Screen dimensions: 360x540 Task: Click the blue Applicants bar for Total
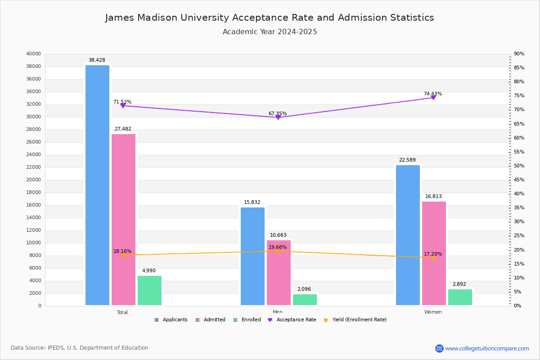[97, 185]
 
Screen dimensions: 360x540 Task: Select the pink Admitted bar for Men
[279, 272]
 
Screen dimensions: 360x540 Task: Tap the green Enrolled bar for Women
[460, 297]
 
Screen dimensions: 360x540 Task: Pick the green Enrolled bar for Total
[149, 290]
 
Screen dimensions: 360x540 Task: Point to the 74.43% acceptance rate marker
[433, 98]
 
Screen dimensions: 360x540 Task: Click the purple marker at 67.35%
[278, 117]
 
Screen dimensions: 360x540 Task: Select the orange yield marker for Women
[433, 258]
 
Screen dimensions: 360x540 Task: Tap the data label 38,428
[97, 60]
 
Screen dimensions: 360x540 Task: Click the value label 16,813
[434, 197]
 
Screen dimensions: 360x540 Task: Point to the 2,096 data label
[304, 289]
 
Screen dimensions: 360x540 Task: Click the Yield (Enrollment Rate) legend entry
[359, 320]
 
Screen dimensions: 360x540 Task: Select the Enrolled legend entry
[251, 320]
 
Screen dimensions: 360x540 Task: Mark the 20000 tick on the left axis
[34, 180]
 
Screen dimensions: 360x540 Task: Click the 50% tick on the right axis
[519, 166]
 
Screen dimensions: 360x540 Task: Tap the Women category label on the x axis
[433, 312]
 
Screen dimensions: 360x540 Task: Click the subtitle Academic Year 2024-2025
[270, 32]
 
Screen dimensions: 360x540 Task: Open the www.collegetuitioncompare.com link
[487, 348]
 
